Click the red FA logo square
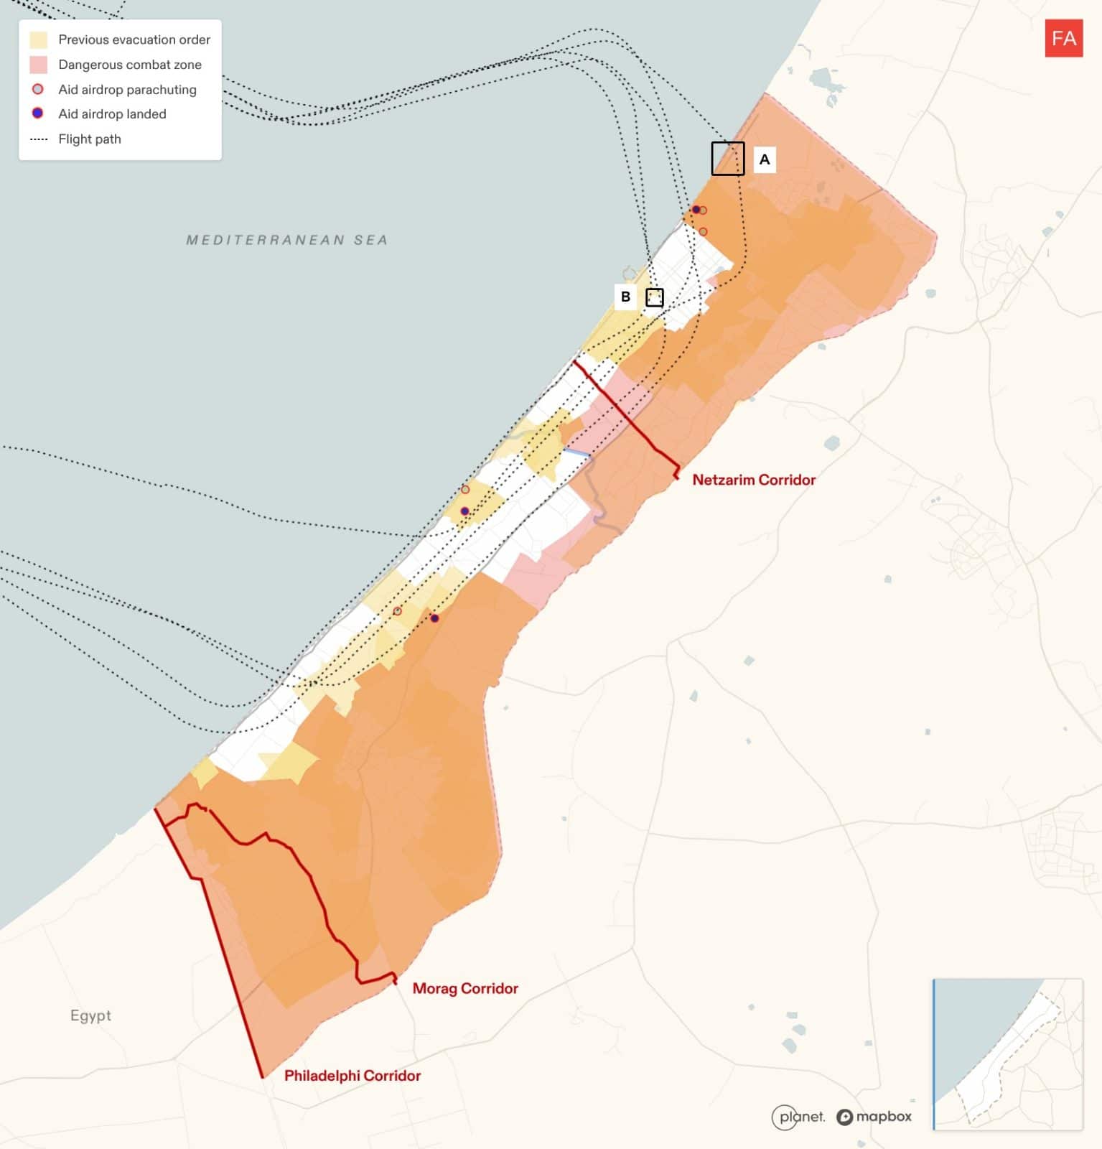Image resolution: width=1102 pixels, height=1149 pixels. tap(1063, 38)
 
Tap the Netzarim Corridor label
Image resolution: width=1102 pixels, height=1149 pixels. tap(753, 480)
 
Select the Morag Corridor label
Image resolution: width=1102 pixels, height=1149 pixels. tap(464, 988)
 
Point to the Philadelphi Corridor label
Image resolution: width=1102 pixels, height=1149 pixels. tap(352, 1075)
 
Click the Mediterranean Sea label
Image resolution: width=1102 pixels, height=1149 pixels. tap(286, 240)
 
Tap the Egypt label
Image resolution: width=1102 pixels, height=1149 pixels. tap(90, 1015)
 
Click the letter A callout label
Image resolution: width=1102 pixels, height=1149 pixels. tap(764, 159)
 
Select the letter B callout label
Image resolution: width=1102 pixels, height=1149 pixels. tap(625, 297)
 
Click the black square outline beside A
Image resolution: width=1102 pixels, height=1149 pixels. tap(727, 159)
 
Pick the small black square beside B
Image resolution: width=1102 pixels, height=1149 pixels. tap(654, 297)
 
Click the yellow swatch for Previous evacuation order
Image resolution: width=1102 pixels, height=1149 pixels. tap(38, 39)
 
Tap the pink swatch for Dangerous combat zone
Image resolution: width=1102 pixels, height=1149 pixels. tap(38, 65)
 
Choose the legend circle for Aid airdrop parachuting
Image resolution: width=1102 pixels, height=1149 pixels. tap(38, 89)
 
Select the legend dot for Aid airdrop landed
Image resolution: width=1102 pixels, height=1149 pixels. tap(38, 113)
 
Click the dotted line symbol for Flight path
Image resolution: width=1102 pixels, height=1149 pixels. tap(39, 139)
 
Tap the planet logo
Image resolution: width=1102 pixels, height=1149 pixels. tap(798, 1117)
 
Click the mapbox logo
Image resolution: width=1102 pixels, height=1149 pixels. tap(874, 1117)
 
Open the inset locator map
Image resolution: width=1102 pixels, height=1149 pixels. tap(1007, 1053)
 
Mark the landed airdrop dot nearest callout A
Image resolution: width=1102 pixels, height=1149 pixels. tap(696, 210)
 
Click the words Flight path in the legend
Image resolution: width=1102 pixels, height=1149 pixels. tap(90, 139)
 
